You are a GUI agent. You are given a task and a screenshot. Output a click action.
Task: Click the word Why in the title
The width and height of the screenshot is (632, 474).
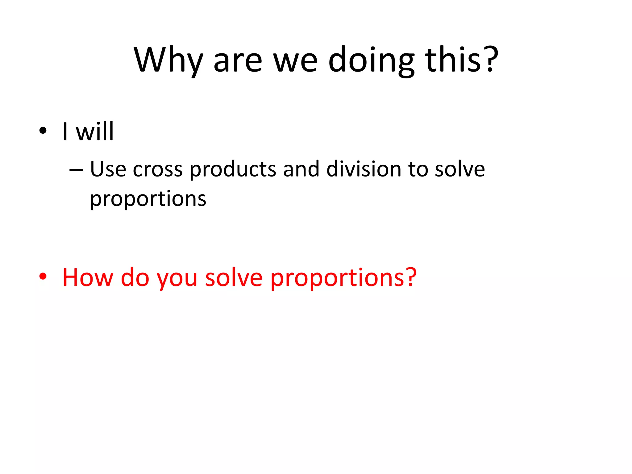(168, 60)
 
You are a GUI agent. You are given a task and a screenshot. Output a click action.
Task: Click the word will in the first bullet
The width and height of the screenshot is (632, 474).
(95, 131)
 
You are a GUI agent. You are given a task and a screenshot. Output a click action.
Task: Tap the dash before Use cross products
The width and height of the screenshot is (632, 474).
(76, 170)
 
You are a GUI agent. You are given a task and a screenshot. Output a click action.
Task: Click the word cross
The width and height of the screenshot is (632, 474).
(158, 170)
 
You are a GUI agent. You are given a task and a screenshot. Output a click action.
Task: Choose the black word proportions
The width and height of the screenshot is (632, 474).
(148, 199)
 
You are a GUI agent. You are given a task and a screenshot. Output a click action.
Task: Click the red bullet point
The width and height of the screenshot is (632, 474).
(43, 276)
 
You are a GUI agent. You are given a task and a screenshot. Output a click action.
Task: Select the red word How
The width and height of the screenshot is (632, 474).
(88, 277)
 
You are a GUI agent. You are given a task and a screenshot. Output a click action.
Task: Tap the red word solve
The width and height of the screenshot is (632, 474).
(234, 277)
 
